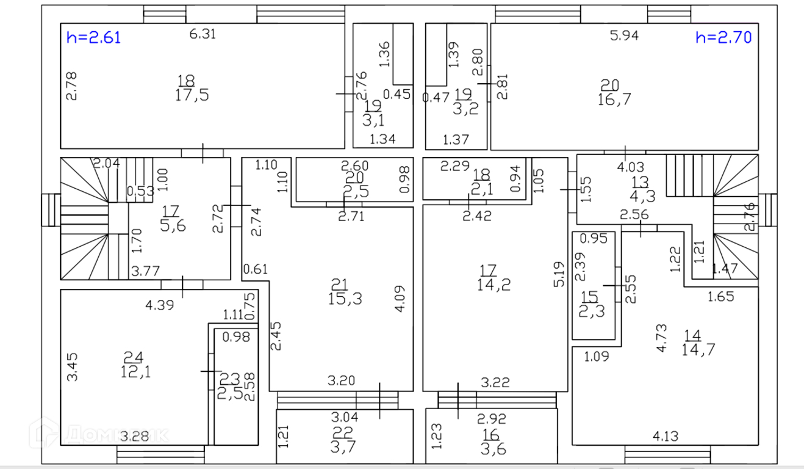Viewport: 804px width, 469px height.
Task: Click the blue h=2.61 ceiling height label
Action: pos(94,38)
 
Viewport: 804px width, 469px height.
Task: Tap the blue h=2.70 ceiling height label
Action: pos(723,37)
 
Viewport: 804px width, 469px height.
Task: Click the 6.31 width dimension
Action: pos(203,34)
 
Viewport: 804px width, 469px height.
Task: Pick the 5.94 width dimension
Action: pos(624,35)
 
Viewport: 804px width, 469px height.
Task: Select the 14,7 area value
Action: pos(698,349)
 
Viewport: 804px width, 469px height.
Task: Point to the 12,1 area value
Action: pos(135,371)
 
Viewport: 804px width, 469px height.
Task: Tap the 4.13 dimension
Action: pos(667,436)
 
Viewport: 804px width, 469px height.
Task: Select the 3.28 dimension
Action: pos(134,436)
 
